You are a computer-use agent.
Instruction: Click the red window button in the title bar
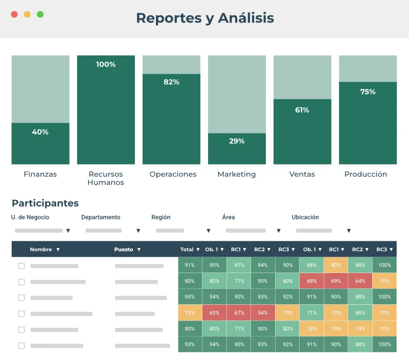(x=14, y=14)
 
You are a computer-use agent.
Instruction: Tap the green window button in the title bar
(x=40, y=14)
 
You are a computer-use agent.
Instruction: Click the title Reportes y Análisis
(x=204, y=18)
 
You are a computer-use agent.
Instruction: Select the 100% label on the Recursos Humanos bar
(x=106, y=64)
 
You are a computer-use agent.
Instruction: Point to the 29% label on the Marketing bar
(x=237, y=141)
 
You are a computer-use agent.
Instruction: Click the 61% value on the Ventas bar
(x=302, y=110)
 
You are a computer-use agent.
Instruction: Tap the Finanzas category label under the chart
(x=40, y=174)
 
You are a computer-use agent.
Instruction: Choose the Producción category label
(x=366, y=174)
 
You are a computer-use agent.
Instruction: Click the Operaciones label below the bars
(x=173, y=174)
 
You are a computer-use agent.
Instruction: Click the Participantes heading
(x=45, y=204)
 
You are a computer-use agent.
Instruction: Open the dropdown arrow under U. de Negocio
(x=68, y=231)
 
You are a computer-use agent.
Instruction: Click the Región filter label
(x=161, y=217)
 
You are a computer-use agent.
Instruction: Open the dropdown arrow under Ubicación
(x=349, y=231)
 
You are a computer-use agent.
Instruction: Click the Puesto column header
(x=124, y=250)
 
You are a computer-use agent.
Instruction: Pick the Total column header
(x=187, y=250)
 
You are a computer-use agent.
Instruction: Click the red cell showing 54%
(x=263, y=313)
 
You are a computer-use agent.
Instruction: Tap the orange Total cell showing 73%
(x=190, y=313)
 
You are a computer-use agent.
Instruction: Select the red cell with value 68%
(x=311, y=281)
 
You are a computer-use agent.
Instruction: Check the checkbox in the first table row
(x=21, y=266)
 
